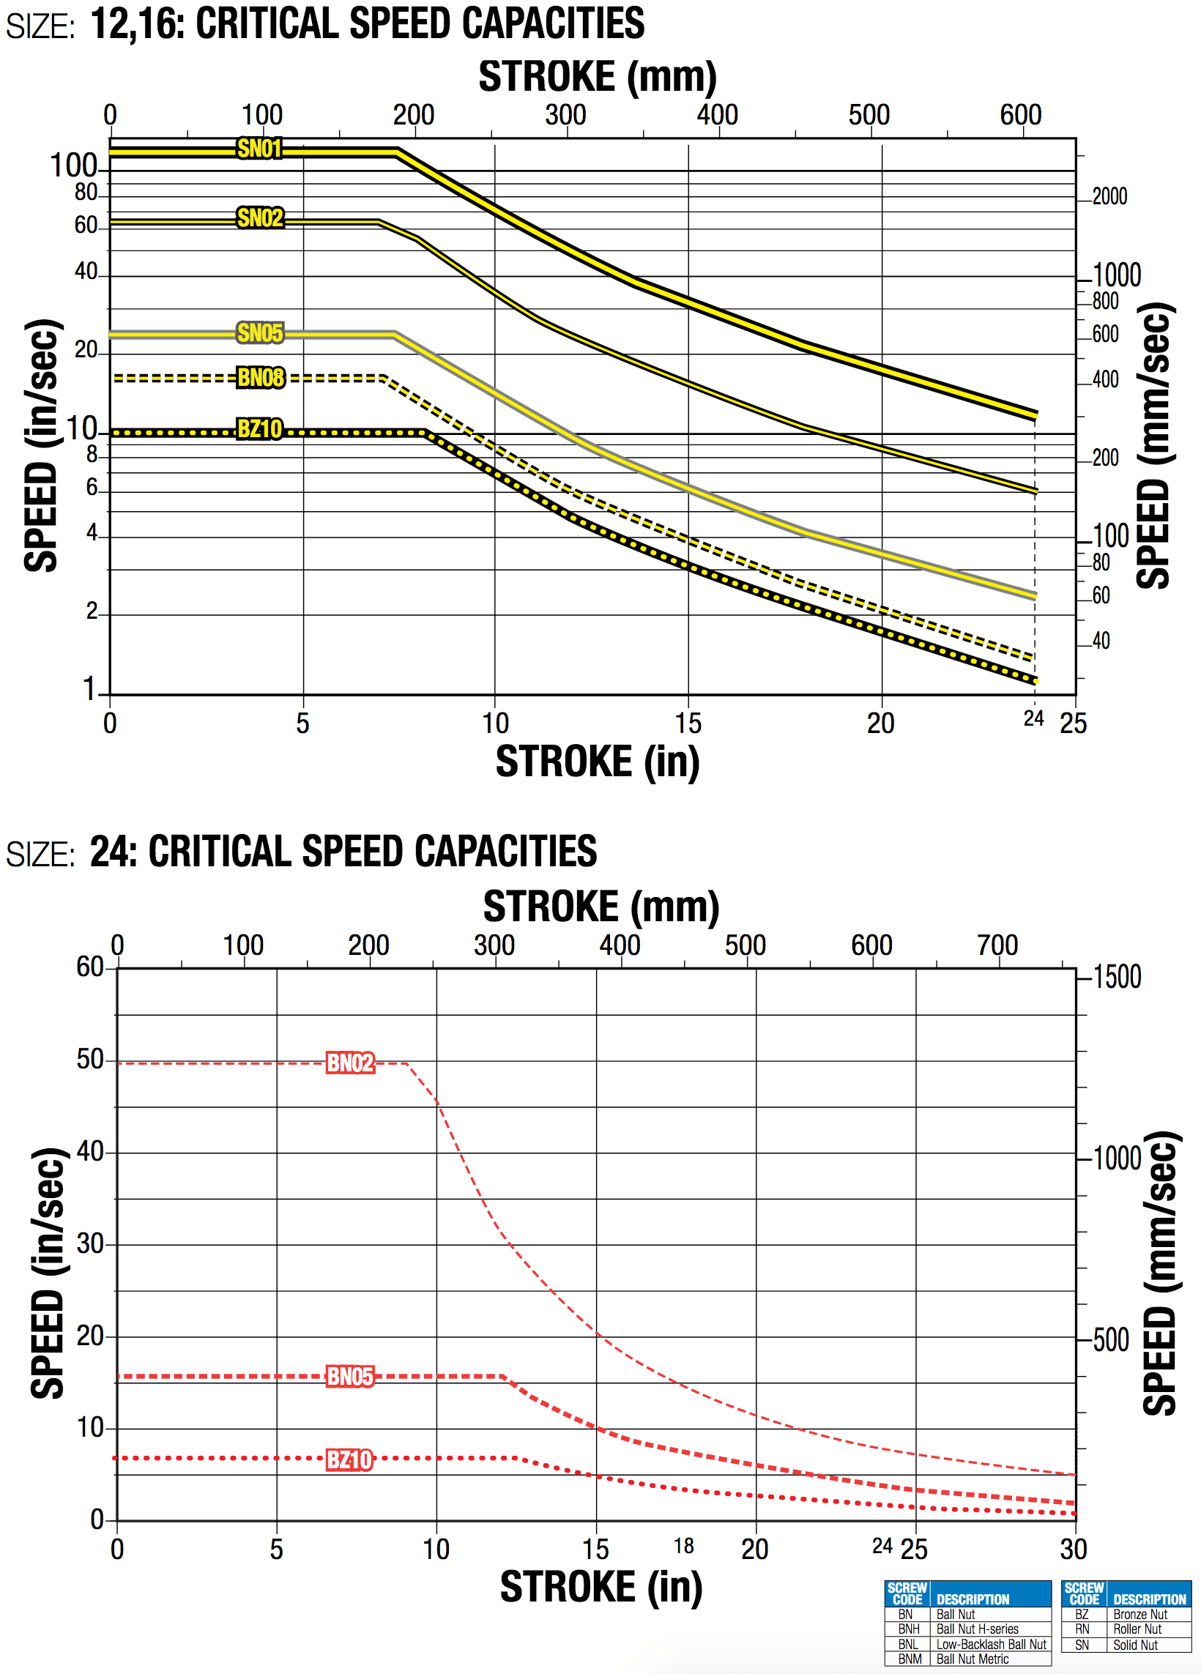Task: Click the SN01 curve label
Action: (259, 149)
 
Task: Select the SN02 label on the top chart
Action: (260, 218)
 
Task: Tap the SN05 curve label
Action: (260, 334)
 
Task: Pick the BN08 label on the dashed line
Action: (261, 378)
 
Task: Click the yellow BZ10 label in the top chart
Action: (259, 430)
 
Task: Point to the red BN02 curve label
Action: (350, 1063)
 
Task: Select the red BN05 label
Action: (350, 1377)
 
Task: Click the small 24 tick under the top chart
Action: (1033, 718)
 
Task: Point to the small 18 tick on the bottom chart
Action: (683, 1546)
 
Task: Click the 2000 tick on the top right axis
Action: (1109, 197)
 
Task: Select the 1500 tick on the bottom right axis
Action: (1117, 978)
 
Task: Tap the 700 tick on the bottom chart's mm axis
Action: (997, 945)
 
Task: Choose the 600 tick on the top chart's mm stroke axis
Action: (1020, 115)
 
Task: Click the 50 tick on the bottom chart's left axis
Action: (90, 1060)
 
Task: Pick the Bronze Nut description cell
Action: (1139, 1615)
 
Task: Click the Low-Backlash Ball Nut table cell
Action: (991, 1645)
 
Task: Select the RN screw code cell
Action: (1082, 1629)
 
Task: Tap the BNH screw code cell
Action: (908, 1629)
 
